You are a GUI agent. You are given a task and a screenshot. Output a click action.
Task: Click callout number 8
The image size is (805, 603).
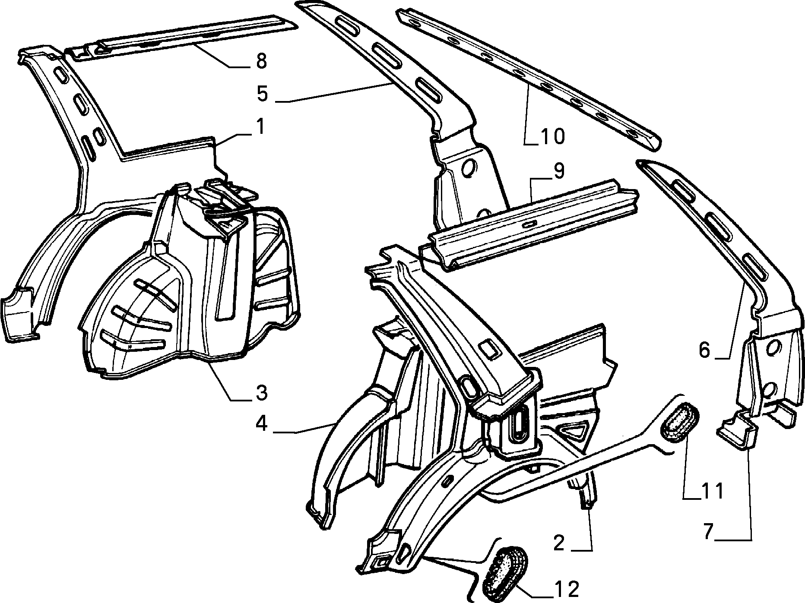(261, 61)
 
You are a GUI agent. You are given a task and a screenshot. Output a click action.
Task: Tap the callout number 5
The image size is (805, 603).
(263, 94)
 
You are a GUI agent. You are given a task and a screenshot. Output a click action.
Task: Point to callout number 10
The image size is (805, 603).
(552, 136)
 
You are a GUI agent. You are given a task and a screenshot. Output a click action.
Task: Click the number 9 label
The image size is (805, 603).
(558, 171)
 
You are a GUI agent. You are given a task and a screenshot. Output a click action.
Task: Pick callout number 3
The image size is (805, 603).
(260, 393)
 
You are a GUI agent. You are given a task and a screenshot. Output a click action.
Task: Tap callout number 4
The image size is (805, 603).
(261, 424)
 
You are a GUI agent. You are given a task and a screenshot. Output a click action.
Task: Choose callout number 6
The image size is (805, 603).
(704, 350)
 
